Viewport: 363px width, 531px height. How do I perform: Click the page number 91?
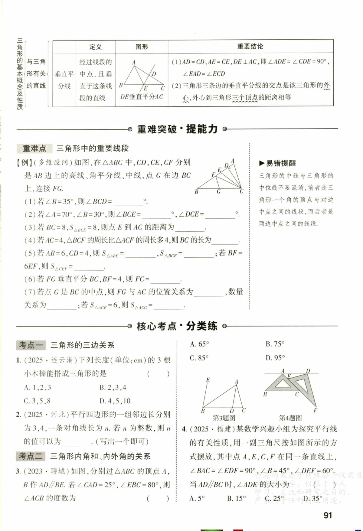pyautogui.click(x=328, y=515)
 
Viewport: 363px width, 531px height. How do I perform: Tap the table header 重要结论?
pyautogui.click(x=250, y=47)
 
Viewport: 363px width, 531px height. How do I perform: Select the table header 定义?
pyautogui.click(x=95, y=47)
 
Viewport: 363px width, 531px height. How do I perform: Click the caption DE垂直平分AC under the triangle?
pyautogui.click(x=142, y=97)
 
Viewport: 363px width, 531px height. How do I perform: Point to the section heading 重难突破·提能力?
pyautogui.click(x=177, y=129)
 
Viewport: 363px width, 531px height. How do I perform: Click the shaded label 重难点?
pyautogui.click(x=34, y=148)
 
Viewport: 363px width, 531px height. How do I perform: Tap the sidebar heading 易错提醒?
pyautogui.click(x=278, y=163)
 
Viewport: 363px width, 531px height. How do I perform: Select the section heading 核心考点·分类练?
pyautogui.click(x=177, y=326)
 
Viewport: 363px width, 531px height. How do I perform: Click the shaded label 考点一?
pyautogui.click(x=31, y=345)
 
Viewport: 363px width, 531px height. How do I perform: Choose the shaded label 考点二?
pyautogui.click(x=31, y=456)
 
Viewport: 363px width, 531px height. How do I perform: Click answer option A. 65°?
pyautogui.click(x=199, y=344)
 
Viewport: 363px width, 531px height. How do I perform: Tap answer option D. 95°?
pyautogui.click(x=275, y=358)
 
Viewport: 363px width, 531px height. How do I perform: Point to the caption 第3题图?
pyautogui.click(x=224, y=418)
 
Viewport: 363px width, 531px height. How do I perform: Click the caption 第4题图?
pyautogui.click(x=290, y=418)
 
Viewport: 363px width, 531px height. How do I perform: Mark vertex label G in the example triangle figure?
pyautogui.click(x=218, y=192)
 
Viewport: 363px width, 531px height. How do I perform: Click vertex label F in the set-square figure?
pyautogui.click(x=315, y=410)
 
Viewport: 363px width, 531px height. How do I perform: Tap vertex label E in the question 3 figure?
pyautogui.click(x=208, y=380)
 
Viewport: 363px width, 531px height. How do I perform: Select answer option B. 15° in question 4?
pyautogui.click(x=237, y=499)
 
